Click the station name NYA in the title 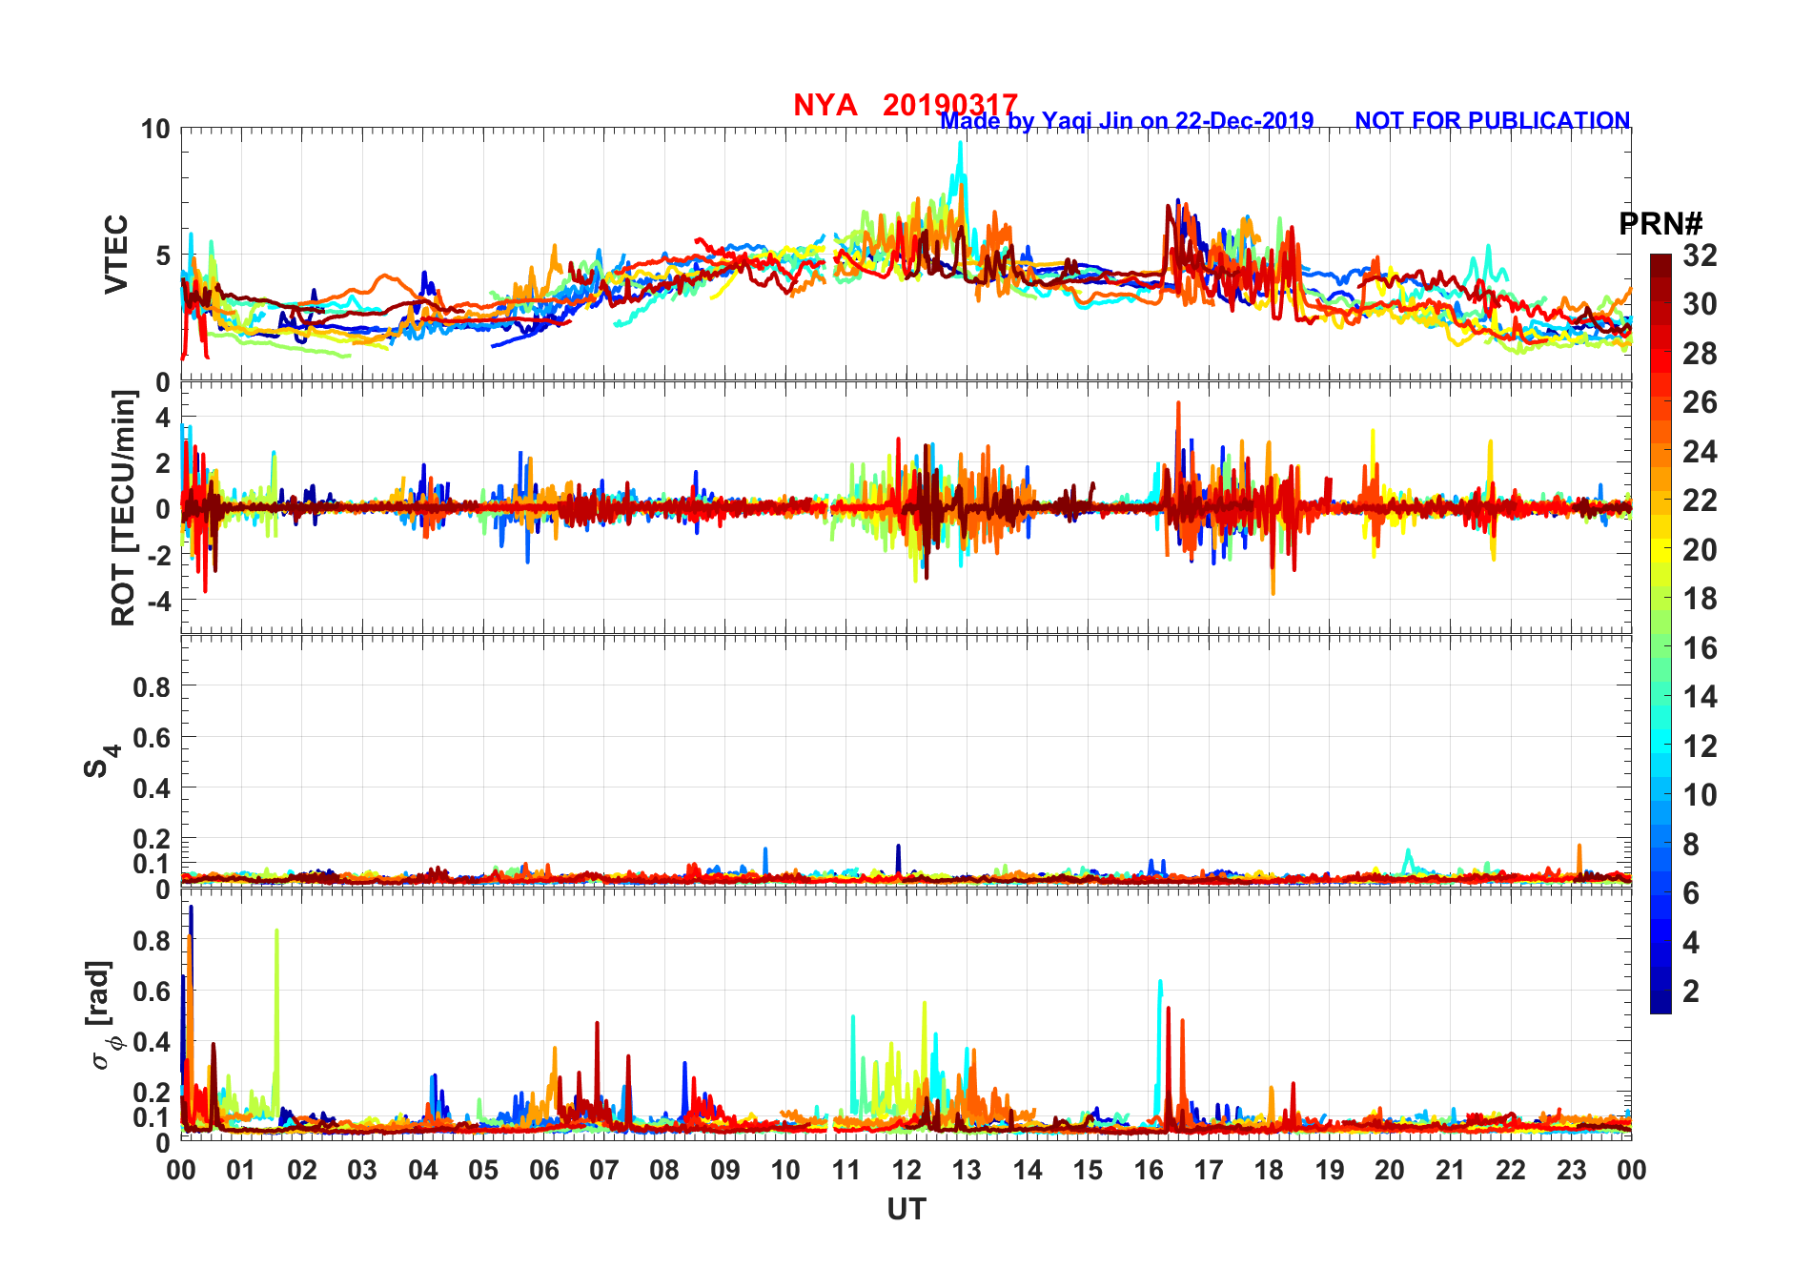pos(825,105)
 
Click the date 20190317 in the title pos(949,105)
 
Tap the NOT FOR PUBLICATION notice pos(1492,121)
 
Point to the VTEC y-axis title pos(115,255)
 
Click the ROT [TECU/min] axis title pos(123,507)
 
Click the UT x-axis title pos(906,1209)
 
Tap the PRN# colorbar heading pos(1660,224)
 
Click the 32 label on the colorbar pos(1700,256)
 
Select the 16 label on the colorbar pos(1700,648)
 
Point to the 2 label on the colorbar pos(1691,992)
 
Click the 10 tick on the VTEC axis pos(155,130)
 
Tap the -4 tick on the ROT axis pos(157,601)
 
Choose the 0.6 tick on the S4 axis pos(152,737)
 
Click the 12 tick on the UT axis pos(906,1170)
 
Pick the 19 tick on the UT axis pos(1330,1170)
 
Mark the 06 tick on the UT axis pos(543,1170)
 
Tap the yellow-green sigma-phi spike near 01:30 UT pos(276,931)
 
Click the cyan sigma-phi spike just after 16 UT pos(1159,982)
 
